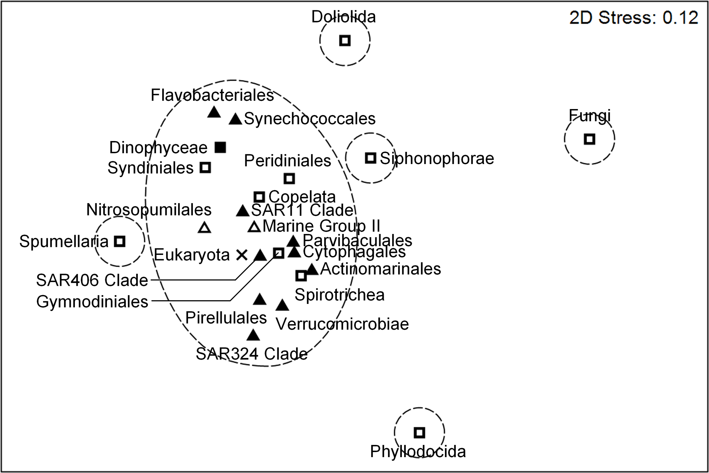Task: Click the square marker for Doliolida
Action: click(345, 40)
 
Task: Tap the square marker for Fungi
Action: click(589, 139)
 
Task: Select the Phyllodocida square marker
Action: click(419, 432)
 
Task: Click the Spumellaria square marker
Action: click(120, 241)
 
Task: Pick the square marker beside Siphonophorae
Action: click(370, 158)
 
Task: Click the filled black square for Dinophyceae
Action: click(220, 148)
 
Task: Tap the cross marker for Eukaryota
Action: click(242, 255)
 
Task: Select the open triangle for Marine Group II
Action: click(254, 227)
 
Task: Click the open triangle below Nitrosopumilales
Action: click(204, 228)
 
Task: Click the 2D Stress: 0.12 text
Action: click(634, 18)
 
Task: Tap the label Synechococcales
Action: click(309, 119)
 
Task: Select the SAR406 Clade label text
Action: click(92, 280)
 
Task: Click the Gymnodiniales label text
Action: click(92, 301)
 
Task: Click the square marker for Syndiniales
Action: click(205, 167)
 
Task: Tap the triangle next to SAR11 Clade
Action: click(242, 211)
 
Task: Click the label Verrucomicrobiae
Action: click(342, 324)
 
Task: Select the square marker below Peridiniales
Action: click(289, 179)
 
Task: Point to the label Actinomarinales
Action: click(381, 269)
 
